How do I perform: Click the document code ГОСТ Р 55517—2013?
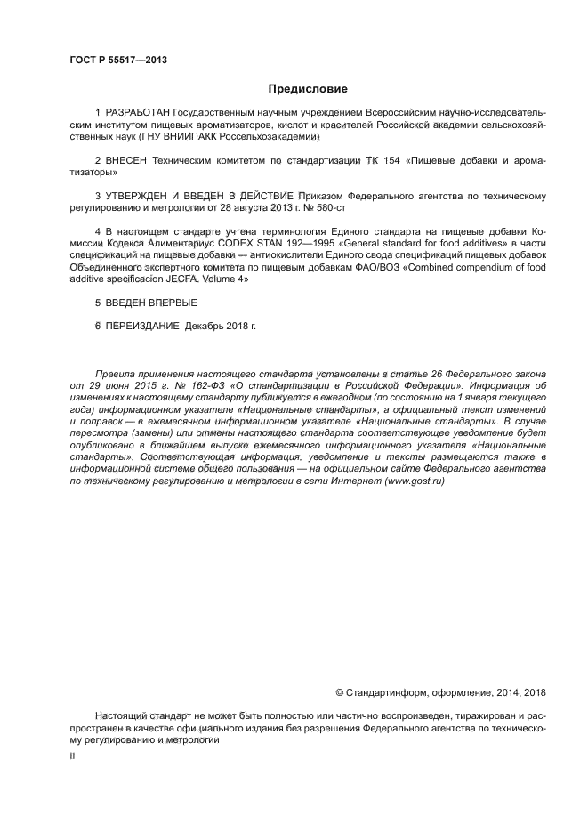coord(117,60)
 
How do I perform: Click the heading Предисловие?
coord(308,89)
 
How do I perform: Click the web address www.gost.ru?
coord(415,481)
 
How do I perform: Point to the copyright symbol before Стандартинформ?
coord(339,692)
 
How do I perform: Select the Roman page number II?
coord(72,755)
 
